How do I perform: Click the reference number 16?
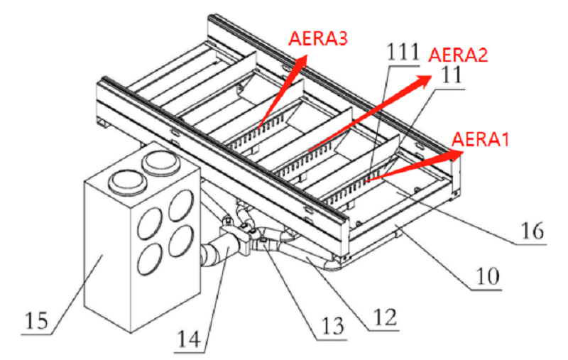click(531, 231)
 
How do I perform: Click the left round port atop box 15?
click(126, 179)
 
